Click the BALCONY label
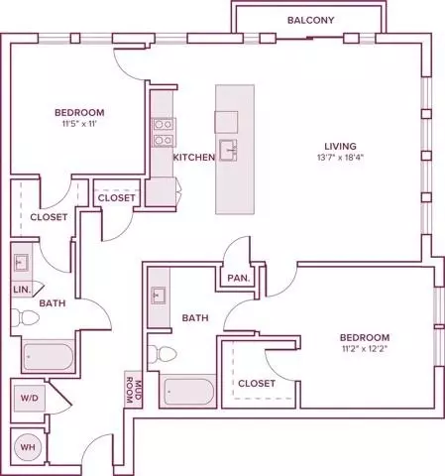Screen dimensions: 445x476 (310, 20)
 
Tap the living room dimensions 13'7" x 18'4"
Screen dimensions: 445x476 (340, 158)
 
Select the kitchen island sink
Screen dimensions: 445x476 (228, 150)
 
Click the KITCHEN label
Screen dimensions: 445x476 (194, 158)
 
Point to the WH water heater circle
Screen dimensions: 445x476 (28, 447)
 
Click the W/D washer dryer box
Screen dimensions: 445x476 (30, 398)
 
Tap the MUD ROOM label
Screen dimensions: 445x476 (133, 390)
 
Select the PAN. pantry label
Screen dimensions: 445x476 (239, 278)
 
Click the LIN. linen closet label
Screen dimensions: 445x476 (22, 290)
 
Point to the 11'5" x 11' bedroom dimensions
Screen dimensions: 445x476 (79, 124)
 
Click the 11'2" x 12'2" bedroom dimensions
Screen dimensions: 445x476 (365, 349)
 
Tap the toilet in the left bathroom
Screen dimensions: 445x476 (25, 317)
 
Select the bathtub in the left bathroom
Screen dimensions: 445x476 (49, 357)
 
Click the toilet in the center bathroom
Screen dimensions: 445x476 (162, 354)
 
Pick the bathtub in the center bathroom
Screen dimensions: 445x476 (188, 392)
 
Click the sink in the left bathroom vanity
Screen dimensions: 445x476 (22, 263)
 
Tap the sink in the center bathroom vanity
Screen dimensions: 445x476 (159, 296)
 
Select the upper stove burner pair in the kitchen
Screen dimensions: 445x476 (164, 125)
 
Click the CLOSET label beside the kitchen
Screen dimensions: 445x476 (116, 198)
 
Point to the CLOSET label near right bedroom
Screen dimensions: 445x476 (257, 384)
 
